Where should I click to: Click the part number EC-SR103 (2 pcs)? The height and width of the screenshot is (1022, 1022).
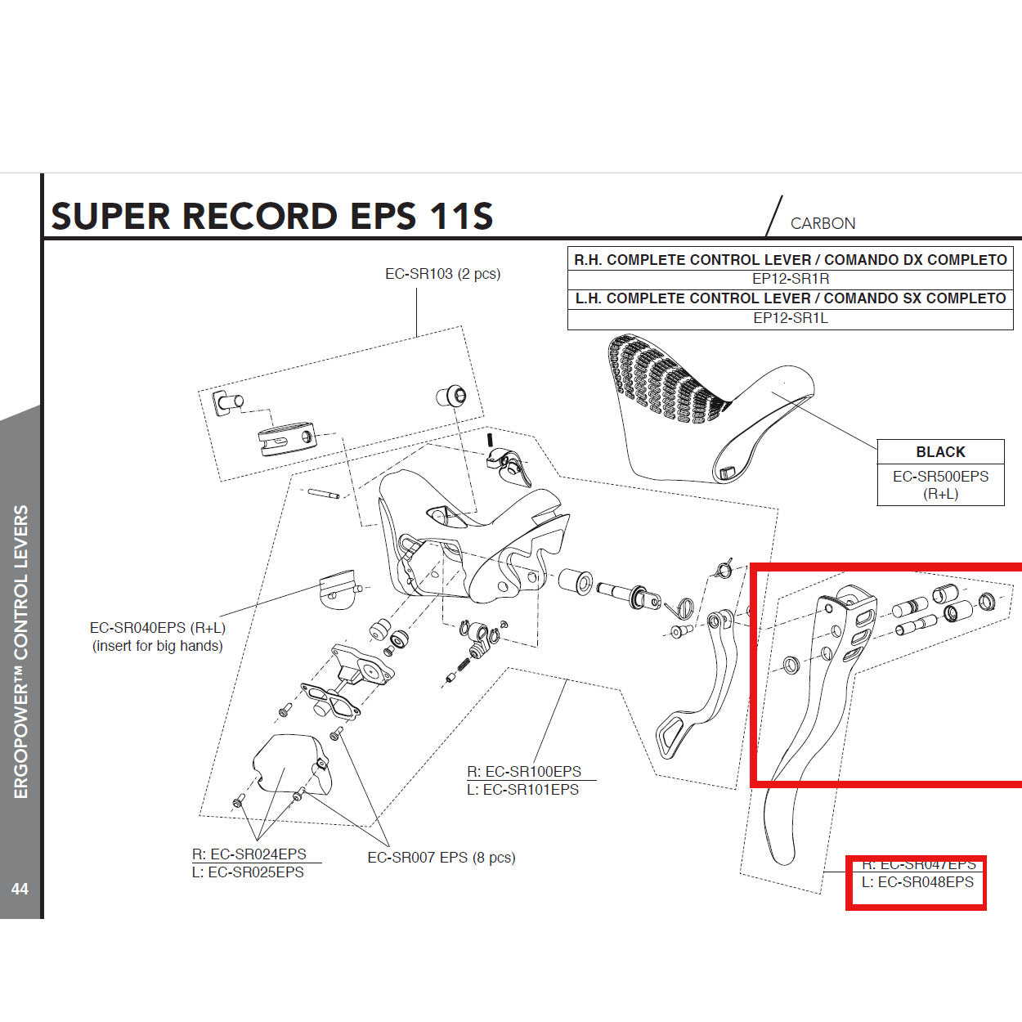442,274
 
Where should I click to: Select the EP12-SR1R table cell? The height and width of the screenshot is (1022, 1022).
790,279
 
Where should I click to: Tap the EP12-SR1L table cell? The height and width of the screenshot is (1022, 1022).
790,318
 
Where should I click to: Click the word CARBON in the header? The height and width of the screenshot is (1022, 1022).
823,223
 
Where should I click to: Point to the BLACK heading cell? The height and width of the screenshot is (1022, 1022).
940,452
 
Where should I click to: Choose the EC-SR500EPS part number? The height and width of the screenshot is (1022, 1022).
940,477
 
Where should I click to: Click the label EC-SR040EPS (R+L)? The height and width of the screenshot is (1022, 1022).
158,628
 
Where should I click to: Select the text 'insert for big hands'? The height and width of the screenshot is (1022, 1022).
158,646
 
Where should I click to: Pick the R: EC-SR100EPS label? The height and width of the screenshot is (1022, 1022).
524,771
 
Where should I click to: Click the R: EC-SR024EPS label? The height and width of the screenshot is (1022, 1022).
249,854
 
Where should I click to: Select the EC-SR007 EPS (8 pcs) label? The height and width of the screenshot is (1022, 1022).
442,858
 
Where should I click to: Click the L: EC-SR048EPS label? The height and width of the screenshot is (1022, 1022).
917,882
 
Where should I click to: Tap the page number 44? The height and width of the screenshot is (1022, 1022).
20,889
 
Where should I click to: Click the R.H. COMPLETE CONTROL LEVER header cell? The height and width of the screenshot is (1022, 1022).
790,260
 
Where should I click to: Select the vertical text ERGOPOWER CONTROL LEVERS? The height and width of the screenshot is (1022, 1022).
20,652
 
